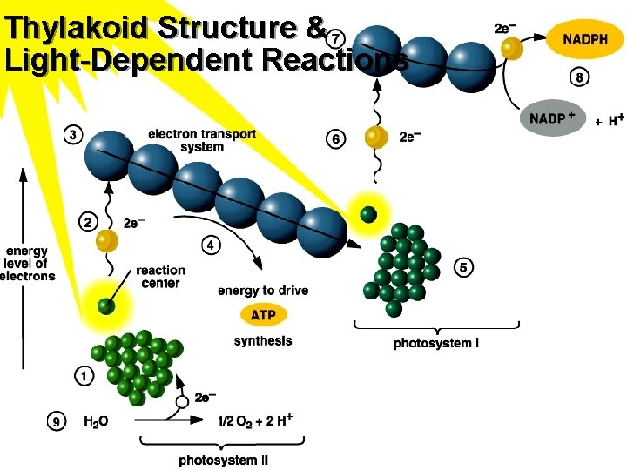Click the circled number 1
point(84,376)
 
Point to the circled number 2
point(88,222)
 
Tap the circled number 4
point(212,245)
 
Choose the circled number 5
point(463,267)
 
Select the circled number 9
point(56,422)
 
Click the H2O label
point(97,423)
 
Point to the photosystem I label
point(435,344)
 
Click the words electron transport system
point(202,140)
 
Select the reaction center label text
point(159,277)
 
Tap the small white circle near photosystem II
point(183,403)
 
